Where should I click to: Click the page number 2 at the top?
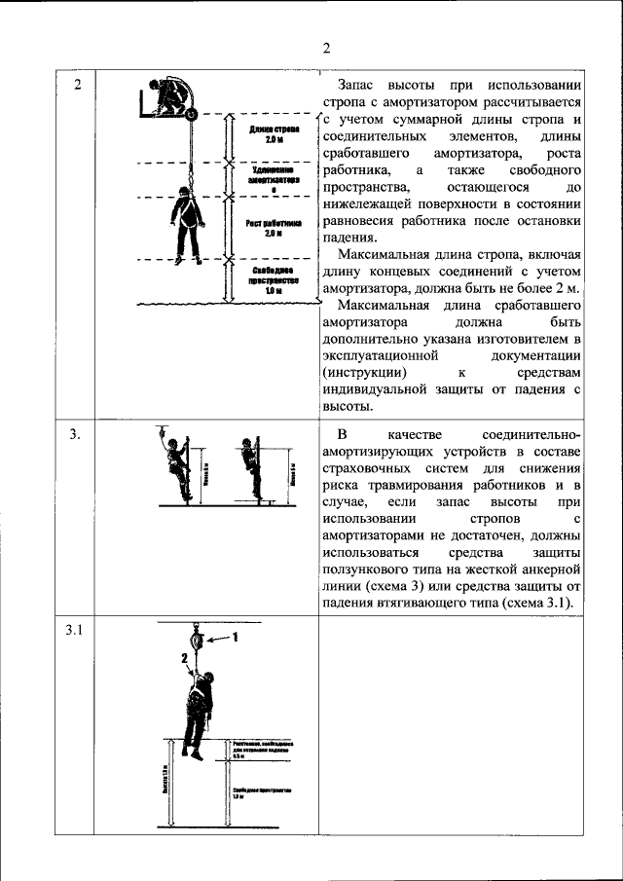tap(327, 48)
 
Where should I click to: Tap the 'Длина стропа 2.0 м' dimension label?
tap(274, 134)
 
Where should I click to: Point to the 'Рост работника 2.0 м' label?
tap(274, 228)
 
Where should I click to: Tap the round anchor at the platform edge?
tap(191, 115)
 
